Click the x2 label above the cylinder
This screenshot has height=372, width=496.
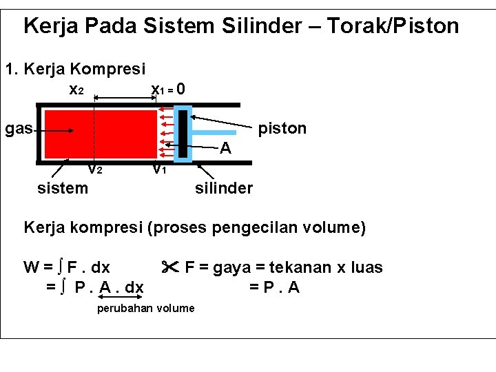(x=76, y=90)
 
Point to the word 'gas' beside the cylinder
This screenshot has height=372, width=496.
(x=19, y=129)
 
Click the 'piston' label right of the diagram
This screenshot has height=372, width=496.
(x=282, y=129)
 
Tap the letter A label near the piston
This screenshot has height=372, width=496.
(x=225, y=148)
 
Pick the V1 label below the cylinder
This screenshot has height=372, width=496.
(x=159, y=169)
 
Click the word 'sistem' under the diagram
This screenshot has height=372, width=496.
(x=63, y=187)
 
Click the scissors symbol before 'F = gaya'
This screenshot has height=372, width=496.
(x=170, y=267)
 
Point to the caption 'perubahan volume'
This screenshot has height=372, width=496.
(x=145, y=308)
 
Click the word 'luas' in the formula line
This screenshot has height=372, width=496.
(x=366, y=267)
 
